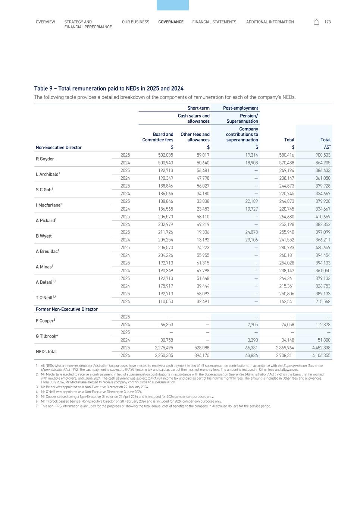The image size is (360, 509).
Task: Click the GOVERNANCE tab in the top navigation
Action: click(170, 22)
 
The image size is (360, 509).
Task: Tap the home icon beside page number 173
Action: click(316, 22)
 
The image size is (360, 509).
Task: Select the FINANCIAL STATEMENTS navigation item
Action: click(214, 22)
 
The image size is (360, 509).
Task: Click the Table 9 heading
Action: click(109, 88)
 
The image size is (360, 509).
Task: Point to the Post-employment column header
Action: click(240, 108)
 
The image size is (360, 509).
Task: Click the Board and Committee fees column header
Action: click(158, 137)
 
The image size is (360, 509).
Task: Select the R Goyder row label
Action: click(45, 159)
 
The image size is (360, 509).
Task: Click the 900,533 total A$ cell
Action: click(323, 155)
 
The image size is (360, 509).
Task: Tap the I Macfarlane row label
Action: click(48, 205)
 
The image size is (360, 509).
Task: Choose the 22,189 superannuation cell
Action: click(250, 201)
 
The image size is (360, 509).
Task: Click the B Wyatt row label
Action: click(44, 236)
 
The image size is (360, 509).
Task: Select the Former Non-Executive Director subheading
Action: click(66, 309)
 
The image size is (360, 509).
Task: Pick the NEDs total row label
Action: click(46, 352)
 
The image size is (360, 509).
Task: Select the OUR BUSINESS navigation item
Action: click(135, 22)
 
